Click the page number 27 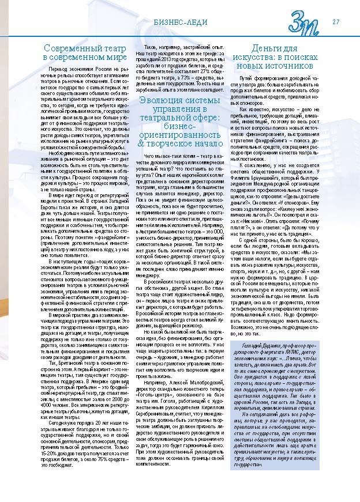(335, 22)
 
